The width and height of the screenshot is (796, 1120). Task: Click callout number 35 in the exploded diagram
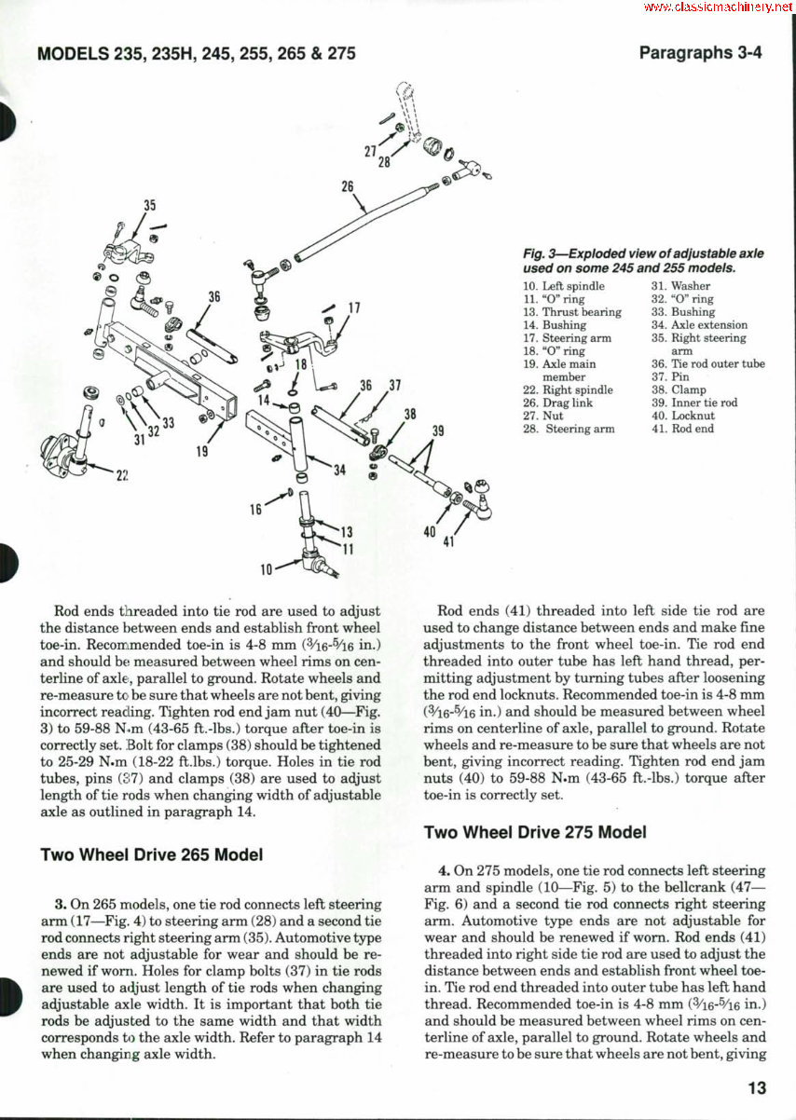pos(149,206)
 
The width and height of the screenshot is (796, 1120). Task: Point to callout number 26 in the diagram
pos(348,186)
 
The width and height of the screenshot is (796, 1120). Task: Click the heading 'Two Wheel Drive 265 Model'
pos(151,854)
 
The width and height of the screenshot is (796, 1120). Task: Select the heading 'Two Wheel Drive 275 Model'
pos(535,832)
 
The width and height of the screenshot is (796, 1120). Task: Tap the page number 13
pos(755,1086)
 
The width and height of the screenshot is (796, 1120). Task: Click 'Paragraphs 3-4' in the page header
pos(700,53)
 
